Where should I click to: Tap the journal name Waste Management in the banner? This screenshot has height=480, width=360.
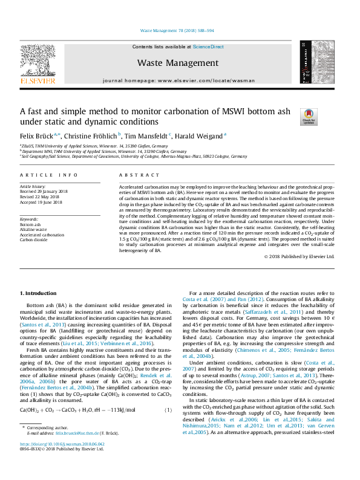point(177,63)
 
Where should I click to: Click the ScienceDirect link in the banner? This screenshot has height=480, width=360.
point(208,47)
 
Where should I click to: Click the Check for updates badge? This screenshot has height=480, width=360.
point(309,116)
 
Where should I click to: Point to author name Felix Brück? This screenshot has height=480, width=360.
point(35,136)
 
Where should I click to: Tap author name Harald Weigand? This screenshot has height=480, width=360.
point(200,136)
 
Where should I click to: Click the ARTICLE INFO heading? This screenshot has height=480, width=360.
point(49,175)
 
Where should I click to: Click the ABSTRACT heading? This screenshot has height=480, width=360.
point(135,175)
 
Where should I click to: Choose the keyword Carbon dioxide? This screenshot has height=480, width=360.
point(34,239)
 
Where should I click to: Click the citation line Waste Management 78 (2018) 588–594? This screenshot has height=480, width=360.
point(177,30)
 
